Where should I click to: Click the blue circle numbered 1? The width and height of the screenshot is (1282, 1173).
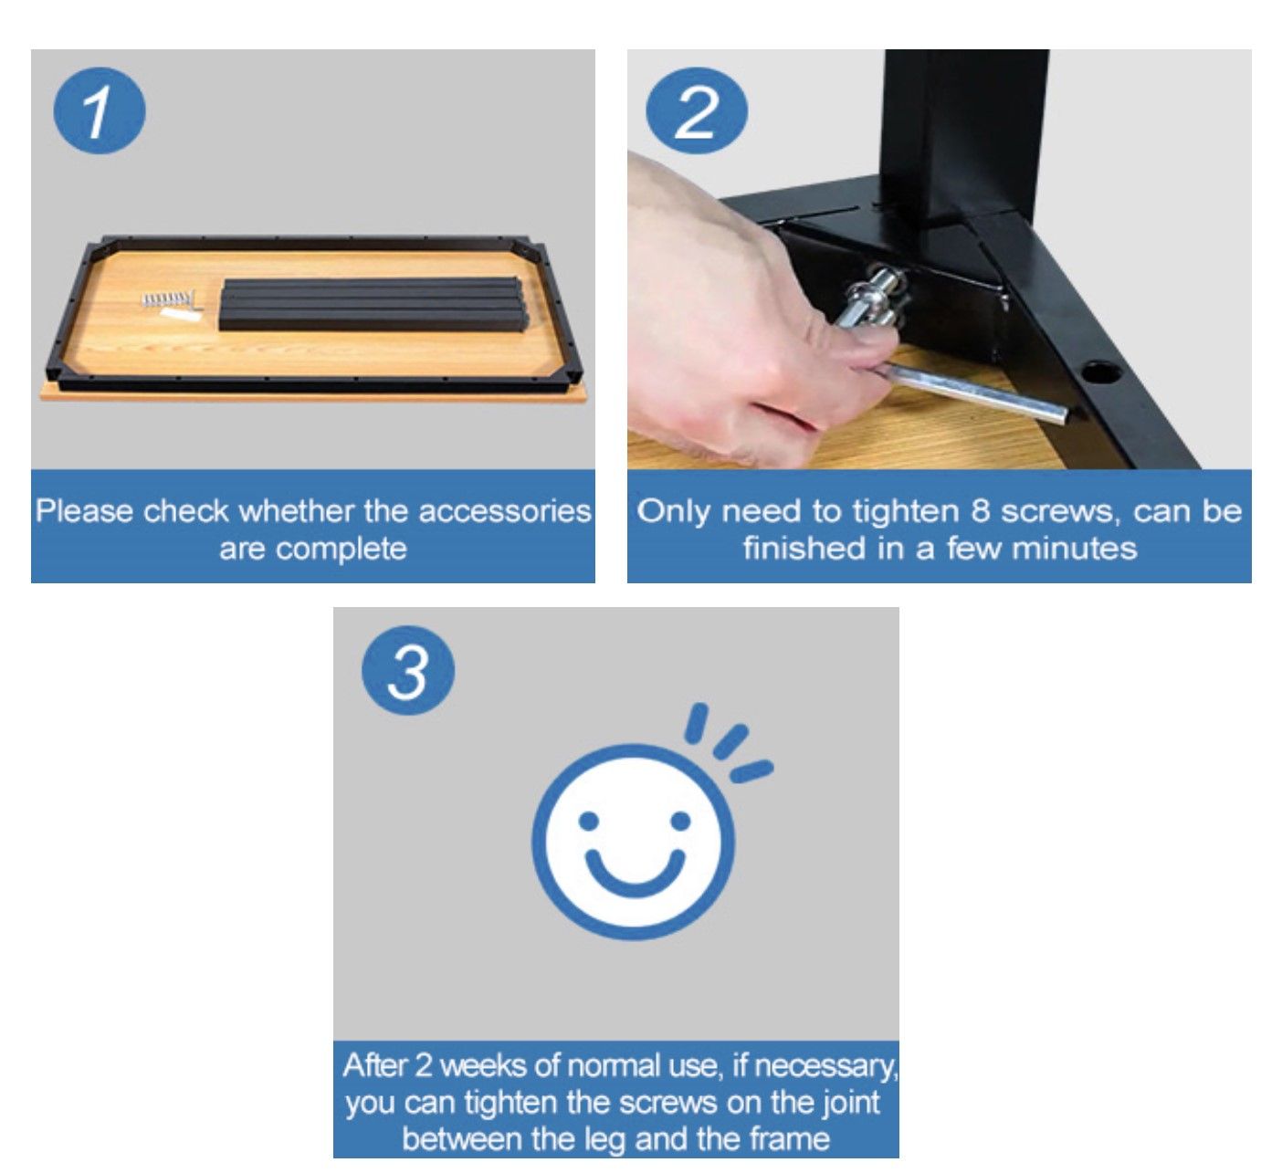pos(99,110)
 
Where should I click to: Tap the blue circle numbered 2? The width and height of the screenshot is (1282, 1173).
pos(697,110)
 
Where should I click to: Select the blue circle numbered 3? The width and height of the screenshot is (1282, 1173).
pos(408,669)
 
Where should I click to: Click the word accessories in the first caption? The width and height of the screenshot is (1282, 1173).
pos(505,511)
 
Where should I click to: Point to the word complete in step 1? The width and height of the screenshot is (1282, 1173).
pos(342,550)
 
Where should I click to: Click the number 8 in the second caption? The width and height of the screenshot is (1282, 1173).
pos(980,511)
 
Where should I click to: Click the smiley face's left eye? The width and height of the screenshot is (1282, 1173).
pos(589,820)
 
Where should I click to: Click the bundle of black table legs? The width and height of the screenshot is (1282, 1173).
pos(373,303)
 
